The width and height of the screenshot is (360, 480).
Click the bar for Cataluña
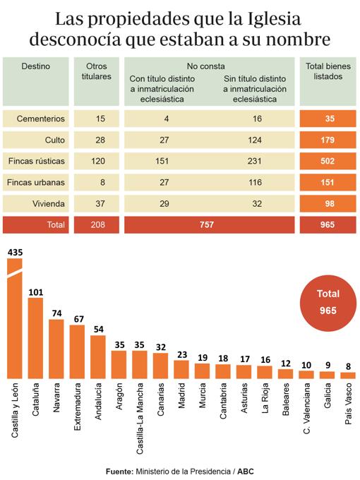[36, 337]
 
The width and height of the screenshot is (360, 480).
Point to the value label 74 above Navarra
[56, 313]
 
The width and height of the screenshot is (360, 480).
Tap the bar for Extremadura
[78, 351]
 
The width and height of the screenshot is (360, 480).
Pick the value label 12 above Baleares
[286, 363]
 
